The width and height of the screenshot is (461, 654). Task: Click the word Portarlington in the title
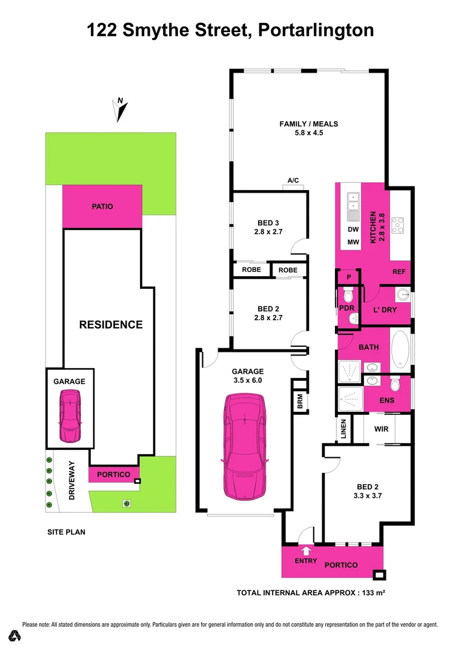[316, 30]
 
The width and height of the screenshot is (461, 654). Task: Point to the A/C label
[294, 180]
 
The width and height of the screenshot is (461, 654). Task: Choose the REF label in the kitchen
[399, 272]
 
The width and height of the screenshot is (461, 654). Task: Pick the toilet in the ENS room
[395, 384]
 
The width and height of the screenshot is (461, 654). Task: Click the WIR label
[382, 429]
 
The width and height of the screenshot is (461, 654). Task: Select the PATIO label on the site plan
[102, 206]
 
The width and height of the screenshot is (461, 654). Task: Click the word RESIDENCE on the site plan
[111, 325]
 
